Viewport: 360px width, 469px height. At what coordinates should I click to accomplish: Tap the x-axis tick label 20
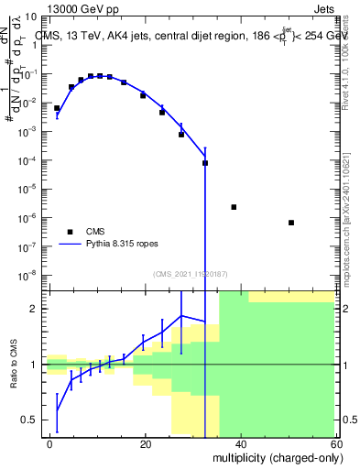(146, 444)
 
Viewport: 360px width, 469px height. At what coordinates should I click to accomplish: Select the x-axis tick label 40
(240, 444)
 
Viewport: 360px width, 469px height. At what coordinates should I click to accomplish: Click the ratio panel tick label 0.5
(31, 420)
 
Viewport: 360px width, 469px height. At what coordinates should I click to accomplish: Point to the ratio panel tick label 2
(36, 309)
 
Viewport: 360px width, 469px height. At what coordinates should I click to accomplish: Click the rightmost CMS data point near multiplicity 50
(290, 223)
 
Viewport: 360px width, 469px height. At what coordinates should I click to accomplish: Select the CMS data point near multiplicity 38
(234, 207)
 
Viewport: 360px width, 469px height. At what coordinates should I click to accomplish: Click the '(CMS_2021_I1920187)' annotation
(190, 273)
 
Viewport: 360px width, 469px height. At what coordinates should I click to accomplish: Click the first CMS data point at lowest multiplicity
(57, 108)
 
